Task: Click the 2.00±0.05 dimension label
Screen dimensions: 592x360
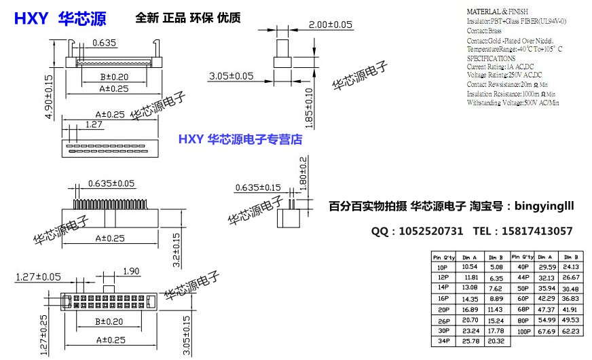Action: click(x=331, y=24)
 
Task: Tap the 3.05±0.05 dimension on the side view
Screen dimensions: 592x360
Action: click(x=232, y=75)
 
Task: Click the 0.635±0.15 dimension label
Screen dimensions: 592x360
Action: click(x=258, y=187)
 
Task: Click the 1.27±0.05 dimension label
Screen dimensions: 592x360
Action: click(x=38, y=276)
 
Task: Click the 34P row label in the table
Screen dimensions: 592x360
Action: click(x=443, y=341)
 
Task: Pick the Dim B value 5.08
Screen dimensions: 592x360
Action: click(x=496, y=268)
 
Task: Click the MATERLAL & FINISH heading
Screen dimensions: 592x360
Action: click(x=500, y=12)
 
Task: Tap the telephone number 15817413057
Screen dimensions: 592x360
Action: click(x=536, y=232)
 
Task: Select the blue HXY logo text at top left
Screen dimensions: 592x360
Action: click(x=31, y=19)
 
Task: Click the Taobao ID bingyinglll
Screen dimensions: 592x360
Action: click(x=543, y=204)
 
